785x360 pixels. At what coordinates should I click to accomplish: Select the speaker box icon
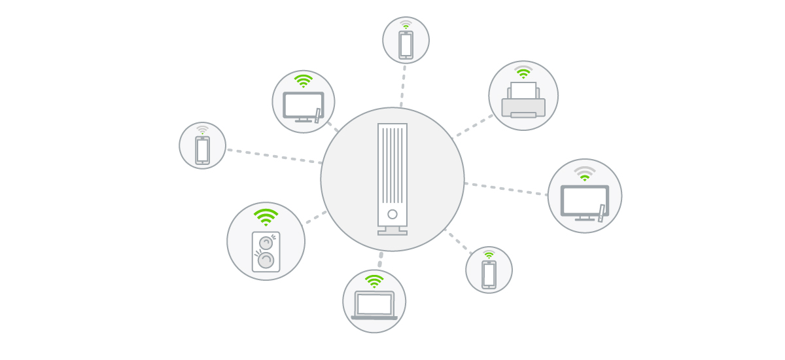[x=266, y=252]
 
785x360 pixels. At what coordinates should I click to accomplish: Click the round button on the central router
[x=392, y=214]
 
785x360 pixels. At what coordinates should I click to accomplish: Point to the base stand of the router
[x=392, y=231]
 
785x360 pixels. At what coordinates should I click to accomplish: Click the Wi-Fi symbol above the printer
[x=523, y=71]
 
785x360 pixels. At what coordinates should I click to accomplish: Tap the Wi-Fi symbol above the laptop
[x=374, y=281]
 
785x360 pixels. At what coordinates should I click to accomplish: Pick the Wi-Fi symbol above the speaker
[x=266, y=217]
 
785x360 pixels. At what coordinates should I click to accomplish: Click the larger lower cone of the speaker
[x=266, y=260]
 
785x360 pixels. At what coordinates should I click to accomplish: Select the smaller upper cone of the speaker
[x=266, y=243]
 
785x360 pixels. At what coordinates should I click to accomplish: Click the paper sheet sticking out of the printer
[x=523, y=90]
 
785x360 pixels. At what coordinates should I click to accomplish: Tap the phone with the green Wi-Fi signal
[x=489, y=274]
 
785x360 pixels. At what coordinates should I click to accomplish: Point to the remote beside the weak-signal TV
[x=601, y=213]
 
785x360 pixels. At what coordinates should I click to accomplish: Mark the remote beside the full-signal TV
[x=317, y=116]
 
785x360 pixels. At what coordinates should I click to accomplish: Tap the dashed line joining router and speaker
[x=316, y=217]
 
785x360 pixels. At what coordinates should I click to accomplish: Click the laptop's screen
[x=374, y=304]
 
